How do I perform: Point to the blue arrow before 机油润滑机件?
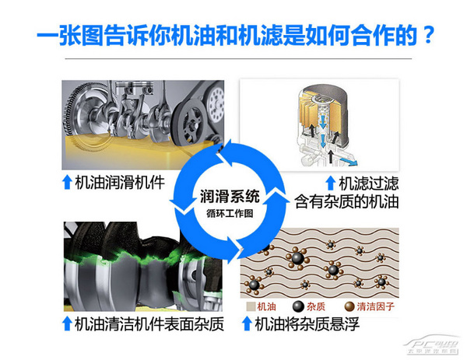(67, 183)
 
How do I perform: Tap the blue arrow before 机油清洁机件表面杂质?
(67, 323)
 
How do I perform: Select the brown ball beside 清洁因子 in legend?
(349, 306)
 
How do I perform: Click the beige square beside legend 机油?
(250, 306)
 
